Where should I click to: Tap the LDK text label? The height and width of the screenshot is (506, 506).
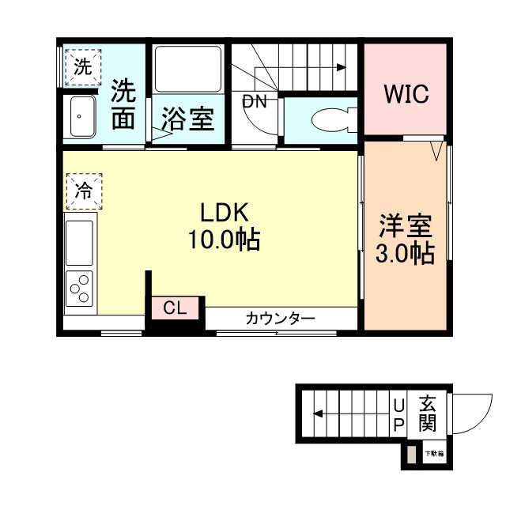point(224,213)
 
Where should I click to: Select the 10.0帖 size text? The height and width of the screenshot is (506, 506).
point(225,240)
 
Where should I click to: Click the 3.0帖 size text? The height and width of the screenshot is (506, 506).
point(405,254)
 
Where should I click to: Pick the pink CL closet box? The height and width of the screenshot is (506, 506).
point(176,308)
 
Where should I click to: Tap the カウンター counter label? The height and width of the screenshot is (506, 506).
point(280,318)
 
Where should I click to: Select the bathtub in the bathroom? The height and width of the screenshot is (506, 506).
point(188,70)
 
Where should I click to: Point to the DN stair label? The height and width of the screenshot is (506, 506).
point(255,101)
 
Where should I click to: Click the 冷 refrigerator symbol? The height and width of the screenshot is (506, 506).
point(83,190)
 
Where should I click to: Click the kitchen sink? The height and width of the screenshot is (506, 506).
point(80,242)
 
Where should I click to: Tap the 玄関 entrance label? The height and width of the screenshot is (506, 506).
point(428,412)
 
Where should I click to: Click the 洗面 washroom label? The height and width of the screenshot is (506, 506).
point(123,104)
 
